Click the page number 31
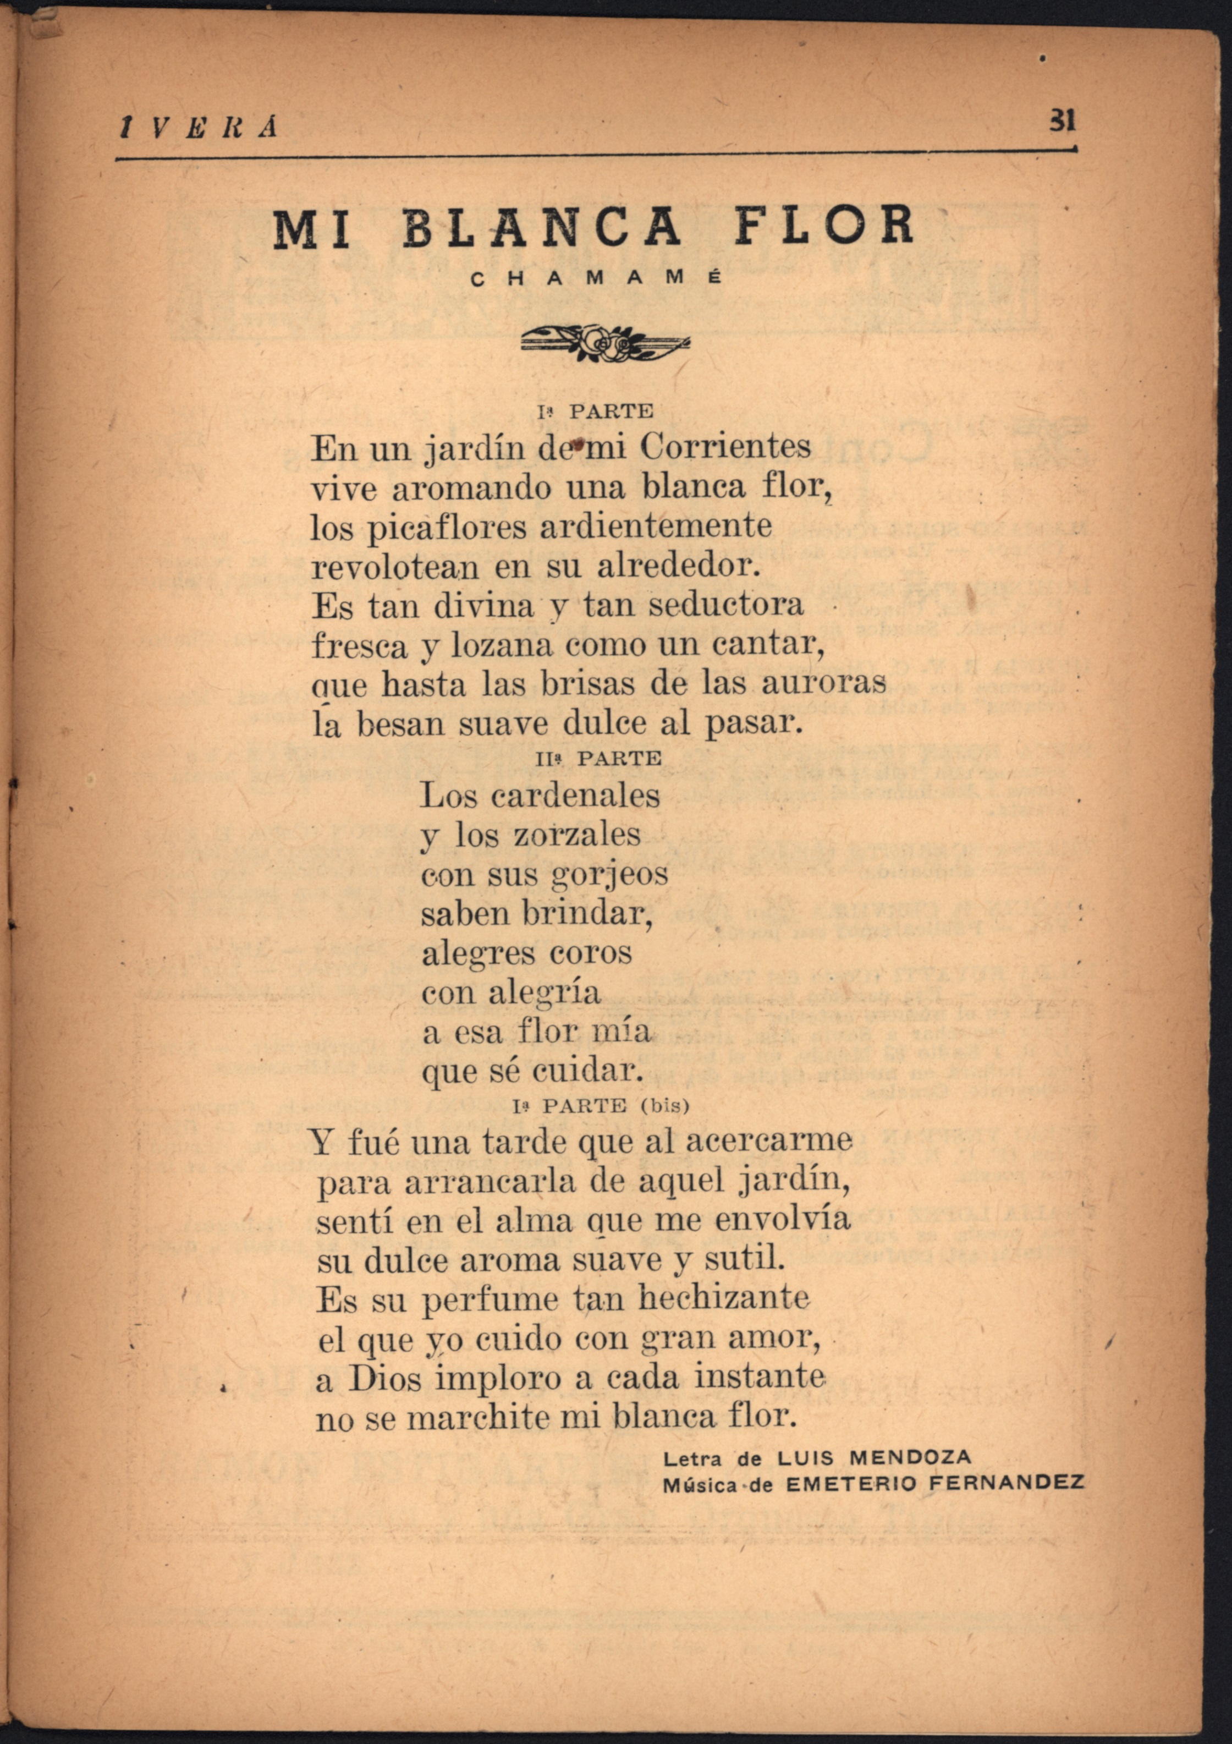1062,120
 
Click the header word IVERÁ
199,128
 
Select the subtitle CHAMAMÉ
596,279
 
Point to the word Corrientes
725,447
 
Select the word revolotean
395,567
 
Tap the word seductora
726,605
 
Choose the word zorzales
577,836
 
